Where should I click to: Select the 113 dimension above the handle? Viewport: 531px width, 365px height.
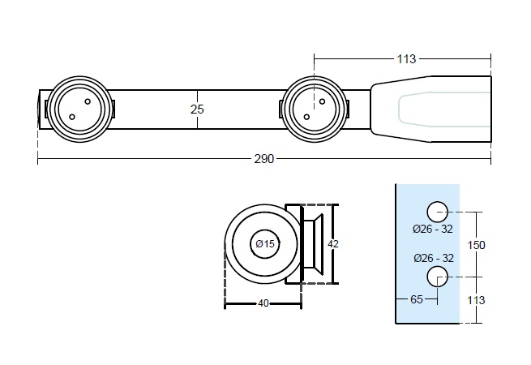(x=406, y=58)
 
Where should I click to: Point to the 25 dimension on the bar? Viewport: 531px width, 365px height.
(x=197, y=109)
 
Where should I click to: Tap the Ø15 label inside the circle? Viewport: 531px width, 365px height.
(x=265, y=243)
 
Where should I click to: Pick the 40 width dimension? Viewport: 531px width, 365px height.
(x=263, y=303)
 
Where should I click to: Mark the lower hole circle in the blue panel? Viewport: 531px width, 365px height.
(x=438, y=275)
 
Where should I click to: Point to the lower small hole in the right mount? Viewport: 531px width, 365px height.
(x=306, y=117)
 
